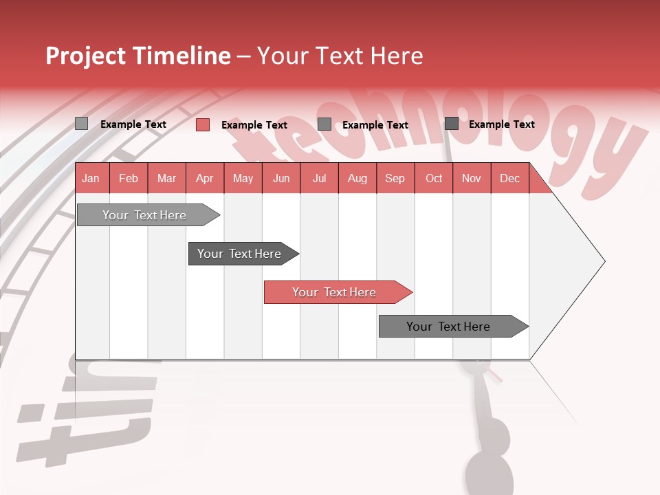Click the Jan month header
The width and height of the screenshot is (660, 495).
point(91,179)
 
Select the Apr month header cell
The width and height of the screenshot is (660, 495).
point(204,179)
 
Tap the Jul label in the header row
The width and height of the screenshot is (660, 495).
point(319,179)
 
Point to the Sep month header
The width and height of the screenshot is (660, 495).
point(395,179)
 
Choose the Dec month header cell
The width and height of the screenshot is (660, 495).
point(509,179)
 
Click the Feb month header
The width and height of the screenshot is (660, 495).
point(129,179)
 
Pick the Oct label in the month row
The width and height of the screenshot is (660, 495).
point(434,179)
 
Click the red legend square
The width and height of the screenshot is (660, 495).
point(203,124)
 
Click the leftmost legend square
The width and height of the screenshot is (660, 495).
point(82,124)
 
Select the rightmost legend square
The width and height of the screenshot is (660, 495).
point(452,124)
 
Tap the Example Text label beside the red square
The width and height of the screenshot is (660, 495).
point(254,125)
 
